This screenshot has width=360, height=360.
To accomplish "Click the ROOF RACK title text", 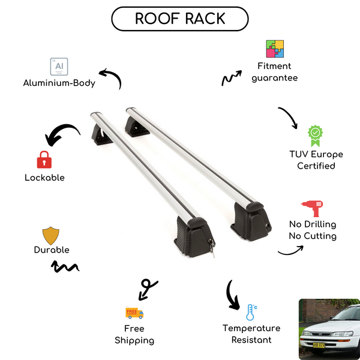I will [x=180, y=19].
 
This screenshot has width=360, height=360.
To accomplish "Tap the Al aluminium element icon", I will [x=58, y=65].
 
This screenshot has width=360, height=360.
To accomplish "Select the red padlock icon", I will [x=44, y=159].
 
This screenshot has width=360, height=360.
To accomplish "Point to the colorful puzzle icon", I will [x=275, y=49].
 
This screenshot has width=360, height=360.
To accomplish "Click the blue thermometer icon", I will [x=251, y=312].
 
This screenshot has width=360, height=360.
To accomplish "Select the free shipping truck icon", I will [x=134, y=312].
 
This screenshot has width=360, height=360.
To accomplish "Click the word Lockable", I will [x=44, y=178].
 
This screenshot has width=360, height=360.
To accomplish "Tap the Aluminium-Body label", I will [x=59, y=83].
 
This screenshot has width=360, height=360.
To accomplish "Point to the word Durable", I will [x=52, y=250].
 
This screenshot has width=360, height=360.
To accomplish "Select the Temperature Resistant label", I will [x=251, y=334].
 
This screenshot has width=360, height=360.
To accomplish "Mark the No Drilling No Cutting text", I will [x=312, y=230].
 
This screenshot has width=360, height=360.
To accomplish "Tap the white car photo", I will [x=329, y=328].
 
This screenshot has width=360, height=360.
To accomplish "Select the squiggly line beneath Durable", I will [x=67, y=266].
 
